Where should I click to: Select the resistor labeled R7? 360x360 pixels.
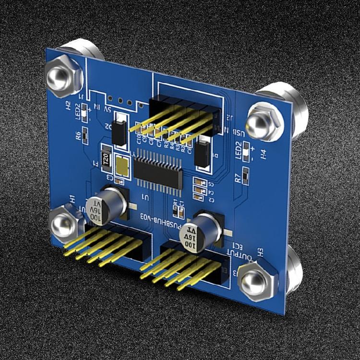(246, 175)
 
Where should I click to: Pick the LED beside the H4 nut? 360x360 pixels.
(246, 150)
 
